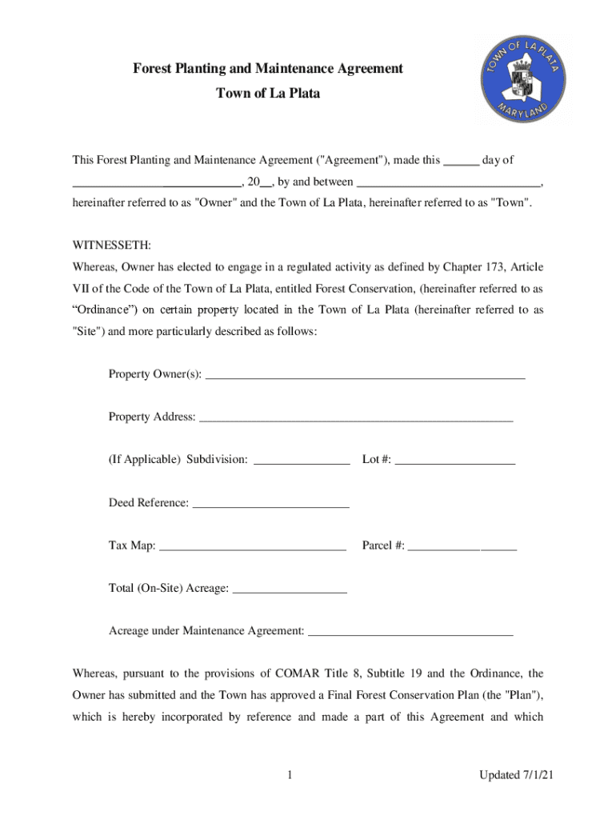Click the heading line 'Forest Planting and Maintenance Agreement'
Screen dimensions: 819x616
268,70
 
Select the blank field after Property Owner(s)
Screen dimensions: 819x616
365,374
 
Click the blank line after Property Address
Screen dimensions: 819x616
355,417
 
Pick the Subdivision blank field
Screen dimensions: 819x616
302,460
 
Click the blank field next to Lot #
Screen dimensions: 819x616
455,460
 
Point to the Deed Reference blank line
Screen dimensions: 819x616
271,503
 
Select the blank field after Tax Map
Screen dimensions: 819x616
253,546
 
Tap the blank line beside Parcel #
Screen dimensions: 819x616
462,546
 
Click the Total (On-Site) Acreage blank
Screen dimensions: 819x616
290,589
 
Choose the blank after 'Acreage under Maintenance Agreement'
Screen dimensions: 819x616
410,632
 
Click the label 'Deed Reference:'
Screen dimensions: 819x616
149,503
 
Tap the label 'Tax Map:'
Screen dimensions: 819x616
133,546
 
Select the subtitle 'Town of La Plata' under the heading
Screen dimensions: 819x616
268,94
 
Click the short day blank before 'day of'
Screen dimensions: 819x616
461,161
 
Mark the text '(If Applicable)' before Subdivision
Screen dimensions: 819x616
145,460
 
